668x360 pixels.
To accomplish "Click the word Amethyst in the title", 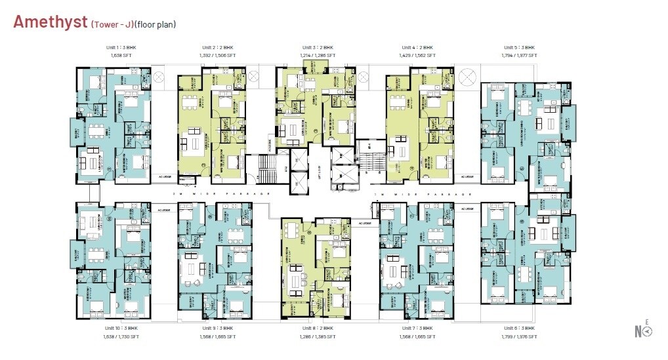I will click(x=50, y=22).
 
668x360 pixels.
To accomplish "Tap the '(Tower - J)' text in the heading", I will click(x=112, y=24).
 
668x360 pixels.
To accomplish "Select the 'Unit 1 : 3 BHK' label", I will click(x=121, y=48).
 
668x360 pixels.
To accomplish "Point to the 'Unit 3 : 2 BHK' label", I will click(x=318, y=48).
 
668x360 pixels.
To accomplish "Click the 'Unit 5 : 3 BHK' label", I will click(x=519, y=48).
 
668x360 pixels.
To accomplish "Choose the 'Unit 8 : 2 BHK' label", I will click(x=318, y=328).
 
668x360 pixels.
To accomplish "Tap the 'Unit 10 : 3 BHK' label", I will click(x=121, y=328).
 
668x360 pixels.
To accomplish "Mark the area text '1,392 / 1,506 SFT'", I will click(x=217, y=56).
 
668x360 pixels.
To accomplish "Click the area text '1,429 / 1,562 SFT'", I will click(x=417, y=56).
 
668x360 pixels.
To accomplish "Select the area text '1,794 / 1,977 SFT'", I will click(x=519, y=56).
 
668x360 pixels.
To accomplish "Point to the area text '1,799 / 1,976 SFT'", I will click(x=519, y=336).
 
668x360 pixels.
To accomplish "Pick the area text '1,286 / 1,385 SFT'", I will click(x=318, y=336).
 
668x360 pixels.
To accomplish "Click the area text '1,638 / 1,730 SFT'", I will click(x=121, y=336).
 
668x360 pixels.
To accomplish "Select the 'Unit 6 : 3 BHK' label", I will click(x=519, y=328).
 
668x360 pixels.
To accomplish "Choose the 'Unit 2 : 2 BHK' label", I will click(x=217, y=48).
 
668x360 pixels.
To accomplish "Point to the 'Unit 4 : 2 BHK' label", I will click(x=417, y=48).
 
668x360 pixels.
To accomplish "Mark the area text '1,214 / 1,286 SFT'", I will click(x=318, y=56).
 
